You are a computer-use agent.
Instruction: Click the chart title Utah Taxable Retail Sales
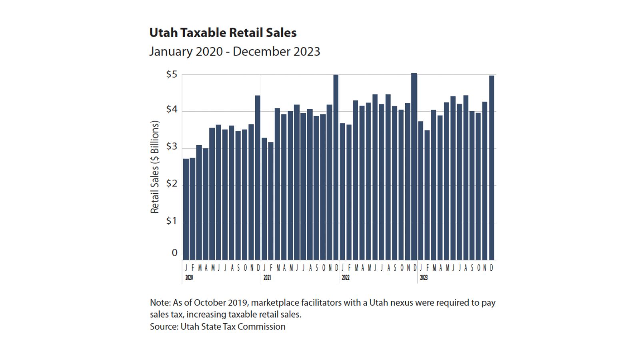[223, 33]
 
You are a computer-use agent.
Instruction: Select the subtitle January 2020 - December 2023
[234, 52]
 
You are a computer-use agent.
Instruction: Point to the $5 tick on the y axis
[172, 74]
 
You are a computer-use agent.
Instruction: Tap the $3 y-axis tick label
[172, 146]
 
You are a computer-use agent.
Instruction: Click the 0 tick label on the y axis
[174, 253]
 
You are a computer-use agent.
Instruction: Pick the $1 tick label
[172, 221]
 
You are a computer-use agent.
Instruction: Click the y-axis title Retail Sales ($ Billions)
[155, 167]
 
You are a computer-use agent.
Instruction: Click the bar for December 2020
[258, 178]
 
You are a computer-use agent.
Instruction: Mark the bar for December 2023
[492, 168]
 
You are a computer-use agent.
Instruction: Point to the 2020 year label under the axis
[189, 278]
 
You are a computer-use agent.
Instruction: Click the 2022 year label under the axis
[345, 278]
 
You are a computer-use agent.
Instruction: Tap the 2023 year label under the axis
[424, 278]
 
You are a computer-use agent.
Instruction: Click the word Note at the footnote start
[159, 303]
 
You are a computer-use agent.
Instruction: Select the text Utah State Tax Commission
[233, 327]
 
